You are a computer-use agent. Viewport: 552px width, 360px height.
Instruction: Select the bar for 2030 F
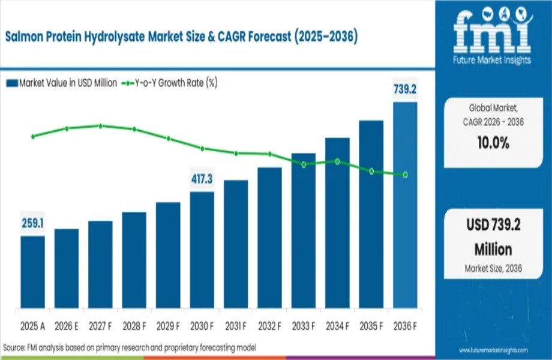(202, 249)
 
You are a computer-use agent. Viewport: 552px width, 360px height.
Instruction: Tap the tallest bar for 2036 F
(405, 204)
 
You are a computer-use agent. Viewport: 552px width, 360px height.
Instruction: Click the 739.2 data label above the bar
(405, 89)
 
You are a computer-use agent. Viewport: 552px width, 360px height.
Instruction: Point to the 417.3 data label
(202, 179)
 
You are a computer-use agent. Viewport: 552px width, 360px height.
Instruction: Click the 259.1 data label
(32, 223)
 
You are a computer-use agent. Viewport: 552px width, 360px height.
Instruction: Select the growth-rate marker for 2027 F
(100, 126)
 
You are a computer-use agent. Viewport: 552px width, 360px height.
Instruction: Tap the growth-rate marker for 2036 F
(406, 175)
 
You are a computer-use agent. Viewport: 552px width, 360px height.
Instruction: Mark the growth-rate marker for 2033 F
(304, 164)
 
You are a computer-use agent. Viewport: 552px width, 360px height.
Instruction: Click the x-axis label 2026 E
(67, 327)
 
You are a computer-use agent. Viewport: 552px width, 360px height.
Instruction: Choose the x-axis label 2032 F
(270, 327)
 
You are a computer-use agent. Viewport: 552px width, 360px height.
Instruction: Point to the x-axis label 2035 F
(371, 327)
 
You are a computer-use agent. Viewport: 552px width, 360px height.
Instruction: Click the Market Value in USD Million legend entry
(62, 83)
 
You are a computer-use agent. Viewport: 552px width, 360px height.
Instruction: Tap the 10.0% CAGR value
(493, 143)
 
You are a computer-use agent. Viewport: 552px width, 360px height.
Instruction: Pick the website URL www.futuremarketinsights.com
(493, 350)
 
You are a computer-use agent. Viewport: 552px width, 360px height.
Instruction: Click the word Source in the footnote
(14, 347)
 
